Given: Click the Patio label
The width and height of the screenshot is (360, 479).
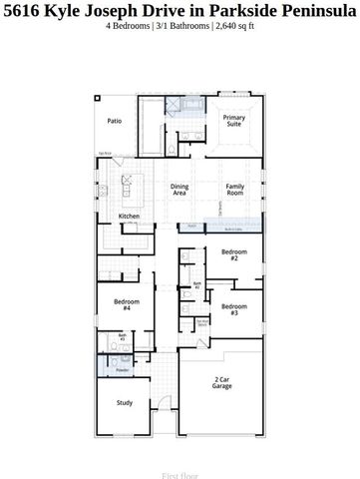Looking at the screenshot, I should tap(115, 121).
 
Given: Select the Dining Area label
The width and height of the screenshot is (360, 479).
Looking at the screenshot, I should tap(180, 190).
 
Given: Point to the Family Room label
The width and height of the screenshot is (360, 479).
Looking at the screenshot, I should tap(235, 190).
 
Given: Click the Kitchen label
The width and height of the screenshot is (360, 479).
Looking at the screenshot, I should tap(129, 217).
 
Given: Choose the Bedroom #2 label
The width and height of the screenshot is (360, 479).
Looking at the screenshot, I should tap(234, 254).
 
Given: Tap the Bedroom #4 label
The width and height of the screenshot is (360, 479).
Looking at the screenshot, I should tap(127, 305).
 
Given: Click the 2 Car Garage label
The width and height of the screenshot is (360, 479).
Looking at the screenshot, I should tap(221, 382).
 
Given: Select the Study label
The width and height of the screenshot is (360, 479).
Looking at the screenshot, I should tap(125, 403).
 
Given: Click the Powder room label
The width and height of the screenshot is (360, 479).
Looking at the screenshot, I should tap(123, 370).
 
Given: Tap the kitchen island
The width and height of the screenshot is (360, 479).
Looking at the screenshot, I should tap(128, 188).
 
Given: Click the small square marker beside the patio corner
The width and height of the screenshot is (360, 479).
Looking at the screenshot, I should tap(98, 97).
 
